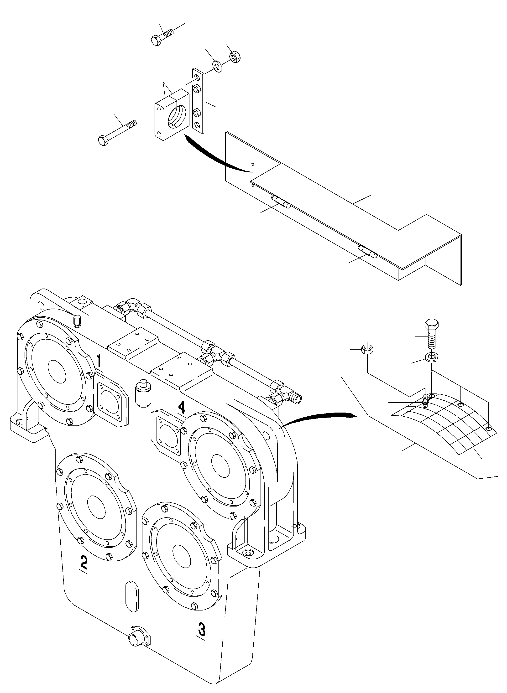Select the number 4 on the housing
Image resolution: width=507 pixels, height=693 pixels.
(x=182, y=408)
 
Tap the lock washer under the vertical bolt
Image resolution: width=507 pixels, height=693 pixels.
(x=432, y=356)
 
